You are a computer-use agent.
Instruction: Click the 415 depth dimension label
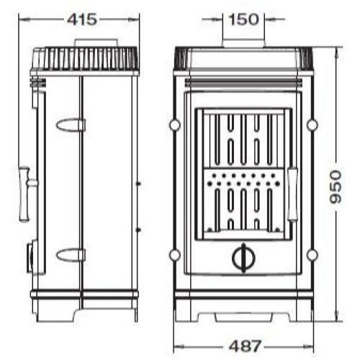point(82,19)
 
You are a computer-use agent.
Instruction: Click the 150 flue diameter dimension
point(244,19)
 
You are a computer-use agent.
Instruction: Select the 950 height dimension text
point(335,187)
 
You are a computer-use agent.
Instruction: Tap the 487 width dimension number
point(245,346)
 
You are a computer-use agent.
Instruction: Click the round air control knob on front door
point(243,258)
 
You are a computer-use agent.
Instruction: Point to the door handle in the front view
point(292,194)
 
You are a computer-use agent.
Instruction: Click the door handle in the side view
point(27,194)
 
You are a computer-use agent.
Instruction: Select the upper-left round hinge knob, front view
point(174,125)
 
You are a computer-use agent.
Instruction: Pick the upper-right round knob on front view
point(312,125)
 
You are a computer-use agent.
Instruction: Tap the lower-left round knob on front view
point(174,255)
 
